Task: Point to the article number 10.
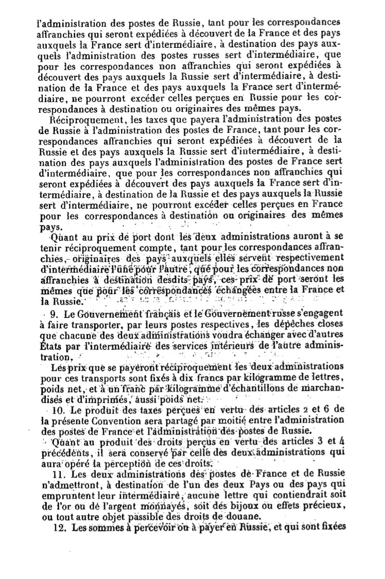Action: (x=57, y=411)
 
